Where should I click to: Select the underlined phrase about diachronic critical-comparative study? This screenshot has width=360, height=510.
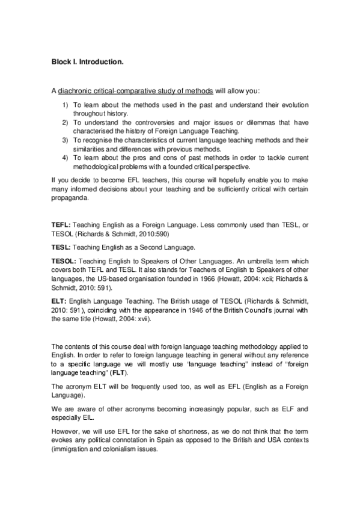135,91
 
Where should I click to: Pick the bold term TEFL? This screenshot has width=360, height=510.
61,225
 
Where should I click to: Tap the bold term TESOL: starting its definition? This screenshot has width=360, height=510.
64,263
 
